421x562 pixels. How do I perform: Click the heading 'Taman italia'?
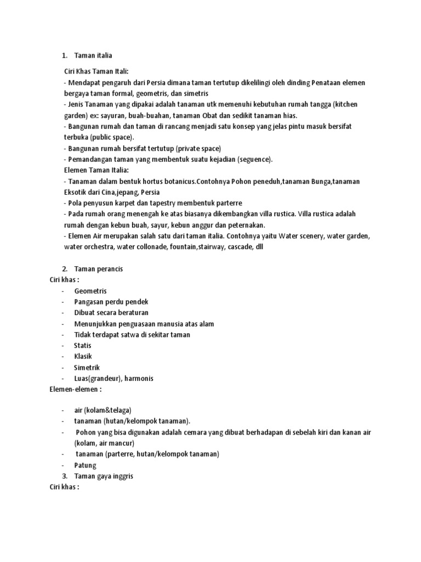(x=93, y=55)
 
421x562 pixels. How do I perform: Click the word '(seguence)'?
(x=253, y=159)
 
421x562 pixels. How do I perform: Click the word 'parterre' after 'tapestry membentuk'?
(x=227, y=203)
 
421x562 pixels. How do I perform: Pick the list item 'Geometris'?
(x=90, y=291)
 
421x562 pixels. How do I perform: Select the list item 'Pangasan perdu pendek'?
(x=111, y=302)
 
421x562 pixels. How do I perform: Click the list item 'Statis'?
(x=83, y=346)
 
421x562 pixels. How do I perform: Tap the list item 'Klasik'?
(x=83, y=356)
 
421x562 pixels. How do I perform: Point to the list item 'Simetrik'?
(x=87, y=367)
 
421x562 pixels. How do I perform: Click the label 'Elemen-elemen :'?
(x=76, y=389)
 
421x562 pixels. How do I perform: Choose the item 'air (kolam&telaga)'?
(x=104, y=411)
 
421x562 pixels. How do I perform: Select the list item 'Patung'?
(x=85, y=465)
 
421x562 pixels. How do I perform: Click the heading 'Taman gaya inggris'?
(x=104, y=476)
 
